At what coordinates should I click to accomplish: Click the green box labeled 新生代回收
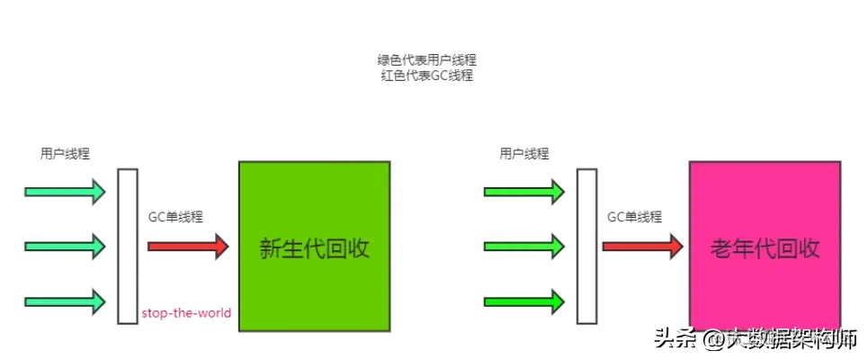click(x=314, y=247)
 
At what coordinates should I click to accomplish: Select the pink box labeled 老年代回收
click(x=765, y=247)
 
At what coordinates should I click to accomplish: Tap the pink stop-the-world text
click(x=186, y=313)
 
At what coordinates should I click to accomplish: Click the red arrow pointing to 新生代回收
click(x=188, y=246)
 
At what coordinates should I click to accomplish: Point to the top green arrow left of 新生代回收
click(x=66, y=191)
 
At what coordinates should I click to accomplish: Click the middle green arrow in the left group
click(x=66, y=246)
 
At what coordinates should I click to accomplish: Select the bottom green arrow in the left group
click(x=66, y=301)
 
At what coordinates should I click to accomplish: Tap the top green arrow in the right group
click(x=524, y=191)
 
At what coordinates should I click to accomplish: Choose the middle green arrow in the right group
click(x=524, y=246)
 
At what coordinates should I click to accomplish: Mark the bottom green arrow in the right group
click(x=524, y=301)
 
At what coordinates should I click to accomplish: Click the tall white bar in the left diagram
click(x=128, y=246)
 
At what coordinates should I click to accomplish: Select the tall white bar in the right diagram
click(x=586, y=246)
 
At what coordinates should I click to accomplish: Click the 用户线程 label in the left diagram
click(x=65, y=154)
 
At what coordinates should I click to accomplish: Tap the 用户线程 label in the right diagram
click(x=524, y=154)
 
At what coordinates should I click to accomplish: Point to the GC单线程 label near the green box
click(x=175, y=217)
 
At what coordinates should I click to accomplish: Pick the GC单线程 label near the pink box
click(x=634, y=217)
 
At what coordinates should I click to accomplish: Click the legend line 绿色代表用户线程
click(x=434, y=60)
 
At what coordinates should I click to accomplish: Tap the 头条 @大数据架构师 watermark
click(x=755, y=339)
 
